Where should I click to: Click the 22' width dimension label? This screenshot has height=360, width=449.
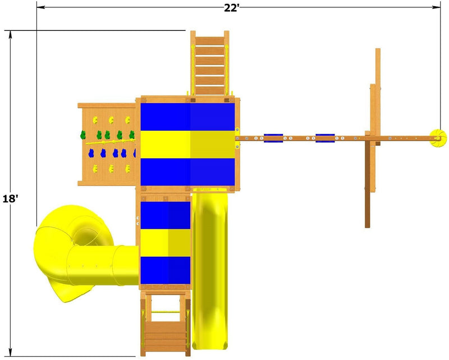tap(231, 8)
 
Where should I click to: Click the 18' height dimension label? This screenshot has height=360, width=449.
tap(10, 199)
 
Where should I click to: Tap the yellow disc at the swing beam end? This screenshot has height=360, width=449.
tap(438, 139)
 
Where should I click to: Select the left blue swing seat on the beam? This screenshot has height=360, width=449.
tap(273, 138)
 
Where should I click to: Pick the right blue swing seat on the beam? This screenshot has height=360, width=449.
tap(325, 138)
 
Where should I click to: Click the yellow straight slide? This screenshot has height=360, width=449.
tap(210, 269)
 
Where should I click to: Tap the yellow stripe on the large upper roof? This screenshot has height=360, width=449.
tap(187, 145)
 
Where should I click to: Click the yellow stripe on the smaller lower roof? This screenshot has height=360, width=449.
tap(165, 243)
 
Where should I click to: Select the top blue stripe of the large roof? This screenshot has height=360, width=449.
tap(187, 117)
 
